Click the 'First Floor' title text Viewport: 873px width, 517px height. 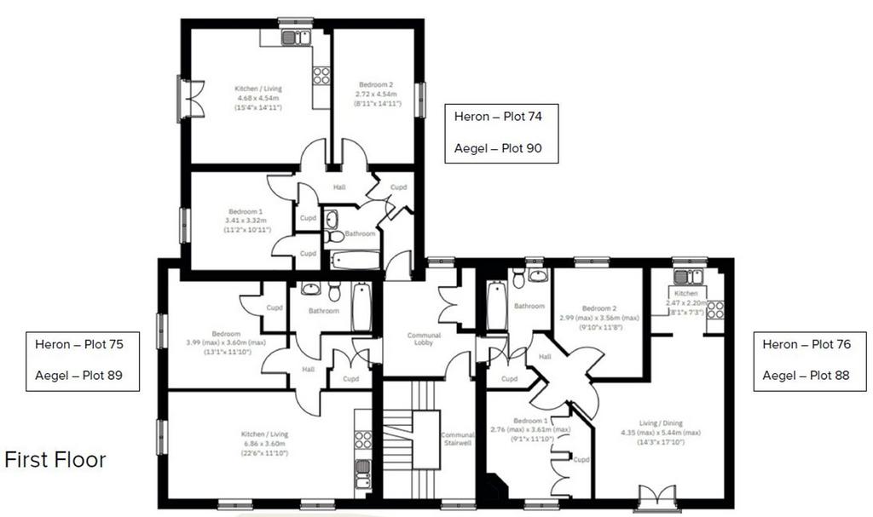click(55, 460)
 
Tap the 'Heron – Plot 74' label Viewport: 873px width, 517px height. click(498, 117)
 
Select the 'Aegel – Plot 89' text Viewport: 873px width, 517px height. click(78, 375)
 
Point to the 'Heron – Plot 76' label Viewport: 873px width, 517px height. click(807, 344)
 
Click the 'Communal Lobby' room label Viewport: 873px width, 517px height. click(424, 339)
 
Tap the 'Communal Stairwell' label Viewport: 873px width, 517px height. click(458, 439)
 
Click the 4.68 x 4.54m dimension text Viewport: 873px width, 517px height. click(257, 98)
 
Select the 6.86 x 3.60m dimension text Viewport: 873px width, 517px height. click(264, 444)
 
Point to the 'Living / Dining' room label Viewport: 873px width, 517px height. click(661, 423)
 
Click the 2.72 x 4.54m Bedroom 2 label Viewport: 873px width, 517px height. click(376, 94)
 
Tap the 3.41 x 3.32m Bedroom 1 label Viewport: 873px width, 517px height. click(246, 221)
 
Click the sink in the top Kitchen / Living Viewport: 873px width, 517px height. click(295, 37)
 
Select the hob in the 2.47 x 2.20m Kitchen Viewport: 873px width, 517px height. click(715, 309)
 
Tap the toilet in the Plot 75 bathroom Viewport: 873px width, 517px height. click(334, 290)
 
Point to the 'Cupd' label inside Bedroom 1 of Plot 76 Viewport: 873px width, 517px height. click(581, 460)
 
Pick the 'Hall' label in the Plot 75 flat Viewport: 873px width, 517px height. click(308, 369)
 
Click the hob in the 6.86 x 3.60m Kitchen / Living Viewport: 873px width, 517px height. click(363, 439)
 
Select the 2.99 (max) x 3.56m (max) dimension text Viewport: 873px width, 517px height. click(599, 318)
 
